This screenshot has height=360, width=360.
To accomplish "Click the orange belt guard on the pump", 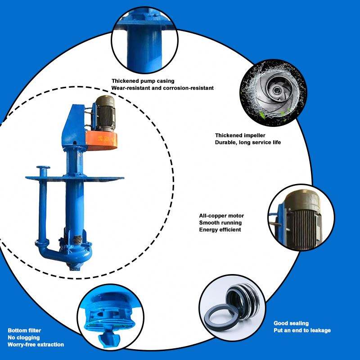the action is click(x=102, y=140).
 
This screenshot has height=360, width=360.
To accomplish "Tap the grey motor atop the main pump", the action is click(x=105, y=114).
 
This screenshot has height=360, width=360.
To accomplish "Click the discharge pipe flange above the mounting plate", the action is click(x=43, y=167).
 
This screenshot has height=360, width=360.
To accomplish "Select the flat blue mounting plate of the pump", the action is click(x=75, y=178).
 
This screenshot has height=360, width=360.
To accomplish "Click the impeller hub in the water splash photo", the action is click(x=275, y=91).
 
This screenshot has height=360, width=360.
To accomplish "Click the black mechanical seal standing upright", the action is click(x=244, y=300).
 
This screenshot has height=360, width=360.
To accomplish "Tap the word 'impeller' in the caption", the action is click(x=255, y=135).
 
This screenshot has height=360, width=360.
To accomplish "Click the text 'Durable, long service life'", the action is click(x=248, y=142).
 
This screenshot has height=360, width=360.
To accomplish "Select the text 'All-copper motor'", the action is click(x=221, y=216).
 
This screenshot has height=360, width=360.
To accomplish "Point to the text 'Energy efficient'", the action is click(x=220, y=229).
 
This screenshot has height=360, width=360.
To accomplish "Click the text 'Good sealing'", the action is click(x=291, y=323).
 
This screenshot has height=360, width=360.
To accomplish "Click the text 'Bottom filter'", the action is click(x=24, y=330).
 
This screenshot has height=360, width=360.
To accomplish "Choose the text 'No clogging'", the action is click(x=24, y=337).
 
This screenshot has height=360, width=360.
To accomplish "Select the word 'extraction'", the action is click(x=50, y=344).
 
